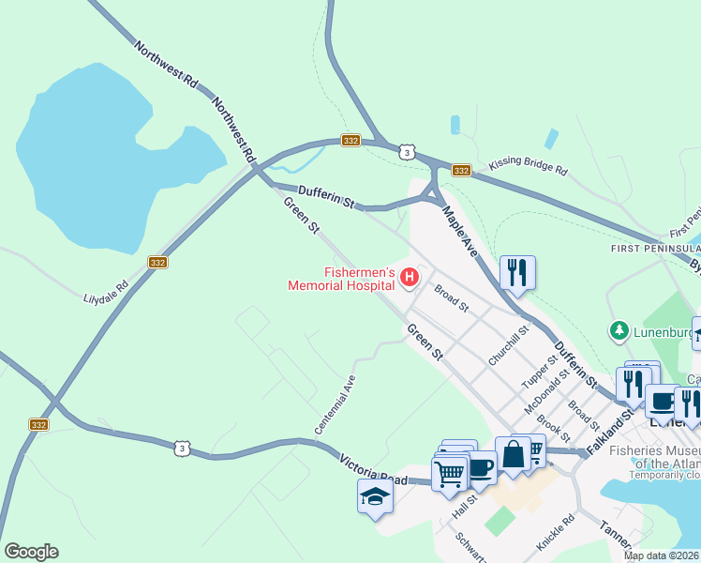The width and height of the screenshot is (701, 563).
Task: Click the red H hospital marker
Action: point(409,277)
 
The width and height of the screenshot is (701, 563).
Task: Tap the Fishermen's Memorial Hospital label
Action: point(342,277)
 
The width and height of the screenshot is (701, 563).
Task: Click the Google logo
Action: point(31,552)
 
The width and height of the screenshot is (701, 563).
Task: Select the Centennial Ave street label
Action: point(335,403)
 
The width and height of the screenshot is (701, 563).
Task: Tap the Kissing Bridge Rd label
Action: point(528,170)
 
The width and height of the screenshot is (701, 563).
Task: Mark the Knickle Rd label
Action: point(555,532)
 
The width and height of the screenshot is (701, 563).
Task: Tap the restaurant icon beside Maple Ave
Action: point(517,272)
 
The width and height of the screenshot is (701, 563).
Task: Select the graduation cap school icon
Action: point(375,495)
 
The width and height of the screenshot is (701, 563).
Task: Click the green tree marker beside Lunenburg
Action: point(619,330)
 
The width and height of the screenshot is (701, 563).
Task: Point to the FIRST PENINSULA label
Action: point(655,248)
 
